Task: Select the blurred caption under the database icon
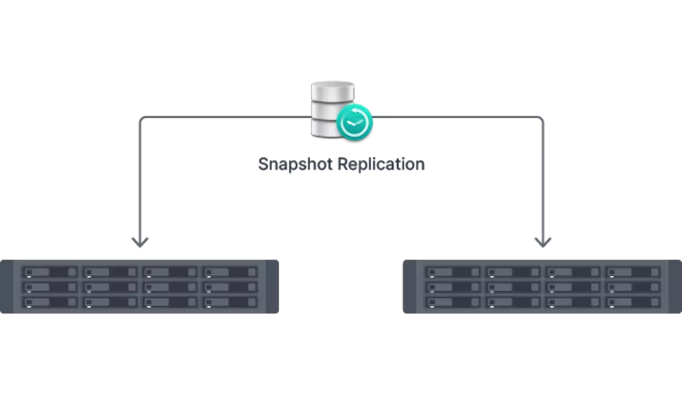tap(339, 164)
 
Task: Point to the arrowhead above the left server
tap(139, 243)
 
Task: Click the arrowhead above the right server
tap(543, 243)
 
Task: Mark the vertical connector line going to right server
tap(543, 180)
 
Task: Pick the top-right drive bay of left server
tap(230, 272)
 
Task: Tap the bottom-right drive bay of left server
tap(230, 303)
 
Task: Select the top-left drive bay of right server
tap(452, 272)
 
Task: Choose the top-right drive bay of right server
tap(633, 272)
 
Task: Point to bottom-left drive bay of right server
tap(452, 303)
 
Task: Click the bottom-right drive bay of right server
tap(633, 303)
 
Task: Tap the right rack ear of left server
tap(273, 287)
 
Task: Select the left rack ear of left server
tap(6, 287)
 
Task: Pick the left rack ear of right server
tap(407, 287)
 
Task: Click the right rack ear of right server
tap(674, 287)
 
